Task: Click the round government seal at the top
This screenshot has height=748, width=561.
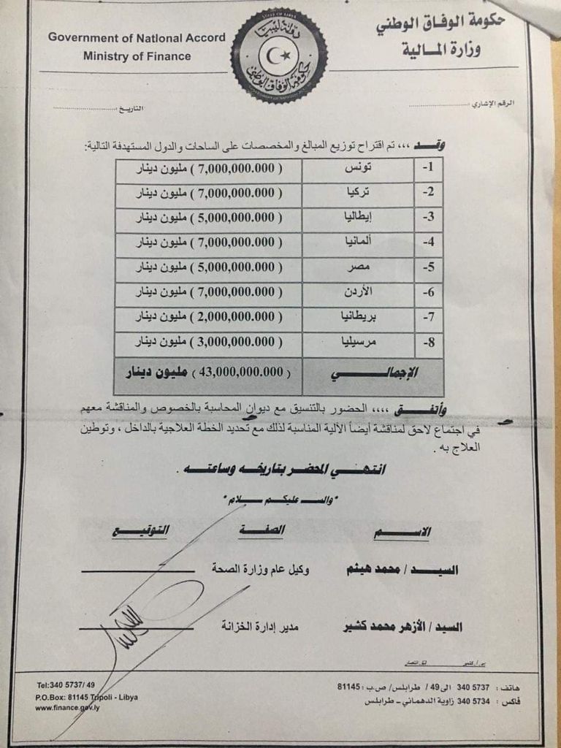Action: (x=278, y=56)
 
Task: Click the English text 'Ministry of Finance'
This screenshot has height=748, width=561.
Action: (x=137, y=56)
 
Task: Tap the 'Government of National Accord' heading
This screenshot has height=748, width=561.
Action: (x=137, y=37)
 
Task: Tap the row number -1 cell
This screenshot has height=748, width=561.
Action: (x=429, y=169)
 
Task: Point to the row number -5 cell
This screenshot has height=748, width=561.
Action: (x=429, y=267)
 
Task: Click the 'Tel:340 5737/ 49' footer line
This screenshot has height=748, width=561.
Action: (x=66, y=686)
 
